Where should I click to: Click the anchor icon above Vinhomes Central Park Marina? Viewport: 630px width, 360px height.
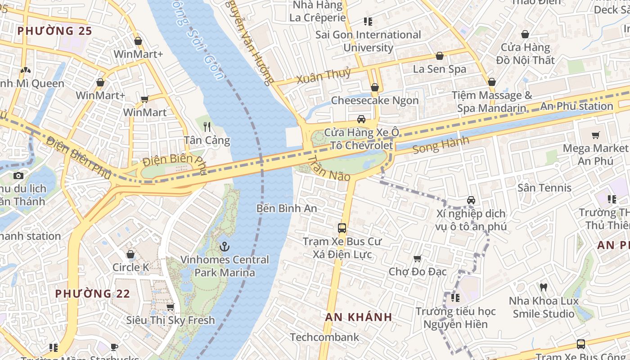tap(224, 247)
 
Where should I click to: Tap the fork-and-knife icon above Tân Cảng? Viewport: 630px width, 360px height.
tap(207, 126)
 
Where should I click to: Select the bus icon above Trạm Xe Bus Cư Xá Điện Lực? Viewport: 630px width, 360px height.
tap(342, 228)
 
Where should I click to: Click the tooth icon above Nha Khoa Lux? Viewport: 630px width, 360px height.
tap(544, 287)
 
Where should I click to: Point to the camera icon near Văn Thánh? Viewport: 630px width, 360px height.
tap(18, 175)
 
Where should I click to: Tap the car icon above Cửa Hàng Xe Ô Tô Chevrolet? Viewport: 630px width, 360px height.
tap(361, 119)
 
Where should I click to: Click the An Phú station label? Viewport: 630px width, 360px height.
tap(576, 106)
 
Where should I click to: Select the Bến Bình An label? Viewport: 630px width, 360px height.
tap(287, 208)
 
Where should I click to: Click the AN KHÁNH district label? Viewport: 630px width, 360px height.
tap(359, 317)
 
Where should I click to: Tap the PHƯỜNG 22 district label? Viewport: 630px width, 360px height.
tap(92, 294)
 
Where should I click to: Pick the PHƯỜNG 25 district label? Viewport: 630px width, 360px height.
tap(54, 31)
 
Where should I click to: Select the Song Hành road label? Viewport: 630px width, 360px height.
tap(441, 145)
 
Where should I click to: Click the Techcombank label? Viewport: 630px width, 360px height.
tap(324, 337)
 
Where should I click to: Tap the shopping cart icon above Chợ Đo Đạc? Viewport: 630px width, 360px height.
tap(417, 259)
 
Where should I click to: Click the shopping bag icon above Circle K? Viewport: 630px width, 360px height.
tap(130, 255)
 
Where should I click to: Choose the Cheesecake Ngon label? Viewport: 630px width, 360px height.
tap(374, 100)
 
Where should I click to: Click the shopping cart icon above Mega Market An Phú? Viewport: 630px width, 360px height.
tap(596, 135)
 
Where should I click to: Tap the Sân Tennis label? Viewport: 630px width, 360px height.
tap(544, 188)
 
